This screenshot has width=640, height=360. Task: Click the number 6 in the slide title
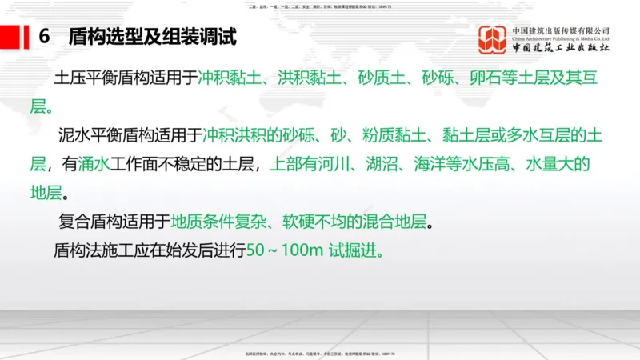(45, 37)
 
